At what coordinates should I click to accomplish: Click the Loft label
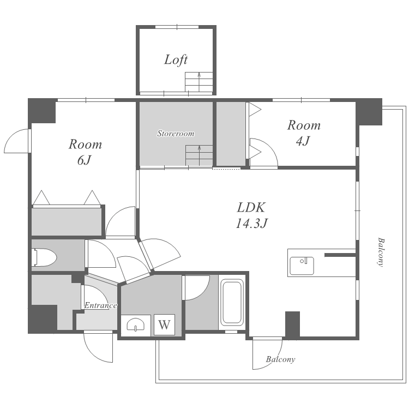click(x=176, y=60)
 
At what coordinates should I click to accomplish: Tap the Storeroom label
click(x=176, y=134)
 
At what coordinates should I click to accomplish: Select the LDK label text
click(x=251, y=208)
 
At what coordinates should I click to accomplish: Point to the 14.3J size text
click(x=252, y=223)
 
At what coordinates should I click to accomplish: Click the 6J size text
click(x=84, y=160)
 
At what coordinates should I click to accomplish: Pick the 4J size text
click(x=303, y=141)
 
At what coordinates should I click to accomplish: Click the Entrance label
click(x=101, y=305)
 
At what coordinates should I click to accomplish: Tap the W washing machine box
click(x=164, y=325)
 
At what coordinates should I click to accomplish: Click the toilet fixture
click(x=44, y=257)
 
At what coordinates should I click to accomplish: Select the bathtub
click(x=232, y=303)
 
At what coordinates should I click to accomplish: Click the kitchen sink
click(x=302, y=266)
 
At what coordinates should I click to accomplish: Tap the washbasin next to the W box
click(x=136, y=325)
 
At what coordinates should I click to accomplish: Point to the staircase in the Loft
click(x=199, y=82)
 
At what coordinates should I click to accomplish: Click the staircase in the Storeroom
click(x=199, y=155)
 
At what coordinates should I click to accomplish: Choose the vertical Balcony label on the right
click(x=381, y=252)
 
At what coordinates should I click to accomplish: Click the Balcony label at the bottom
click(x=280, y=359)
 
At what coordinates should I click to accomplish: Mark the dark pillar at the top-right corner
click(x=369, y=112)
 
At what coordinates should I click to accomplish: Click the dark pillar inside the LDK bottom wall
click(x=292, y=325)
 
